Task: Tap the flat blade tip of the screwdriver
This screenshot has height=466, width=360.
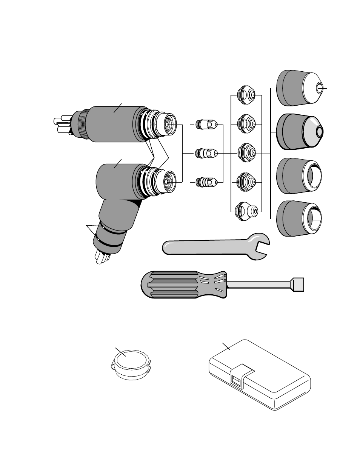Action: click(x=298, y=284)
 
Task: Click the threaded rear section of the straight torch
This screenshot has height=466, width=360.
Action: click(x=80, y=123)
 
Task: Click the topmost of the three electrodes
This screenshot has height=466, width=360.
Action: click(x=206, y=124)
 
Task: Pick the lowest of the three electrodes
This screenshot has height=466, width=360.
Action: click(x=206, y=183)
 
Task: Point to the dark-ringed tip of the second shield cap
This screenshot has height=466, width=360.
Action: click(x=320, y=132)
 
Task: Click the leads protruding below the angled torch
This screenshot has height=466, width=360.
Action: click(x=101, y=257)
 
